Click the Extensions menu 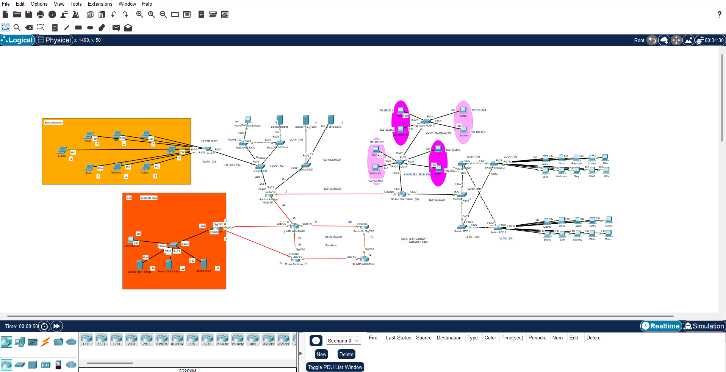[x=100, y=4]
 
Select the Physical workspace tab [x=55, y=40]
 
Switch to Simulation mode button [x=704, y=326]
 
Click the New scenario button [x=321, y=354]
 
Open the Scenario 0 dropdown [x=343, y=341]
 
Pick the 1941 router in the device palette [x=116, y=339]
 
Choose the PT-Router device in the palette [x=222, y=339]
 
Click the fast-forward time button [x=56, y=326]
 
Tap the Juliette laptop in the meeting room [x=62, y=150]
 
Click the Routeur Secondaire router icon [x=402, y=194]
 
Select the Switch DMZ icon [x=306, y=166]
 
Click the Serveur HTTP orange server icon [x=140, y=264]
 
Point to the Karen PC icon [x=463, y=110]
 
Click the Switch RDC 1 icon [x=462, y=227]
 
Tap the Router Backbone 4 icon [x=365, y=259]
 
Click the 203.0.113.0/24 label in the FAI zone [x=149, y=198]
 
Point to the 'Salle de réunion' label [x=53, y=122]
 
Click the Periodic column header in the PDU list [x=537, y=338]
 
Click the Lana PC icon [x=438, y=148]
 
